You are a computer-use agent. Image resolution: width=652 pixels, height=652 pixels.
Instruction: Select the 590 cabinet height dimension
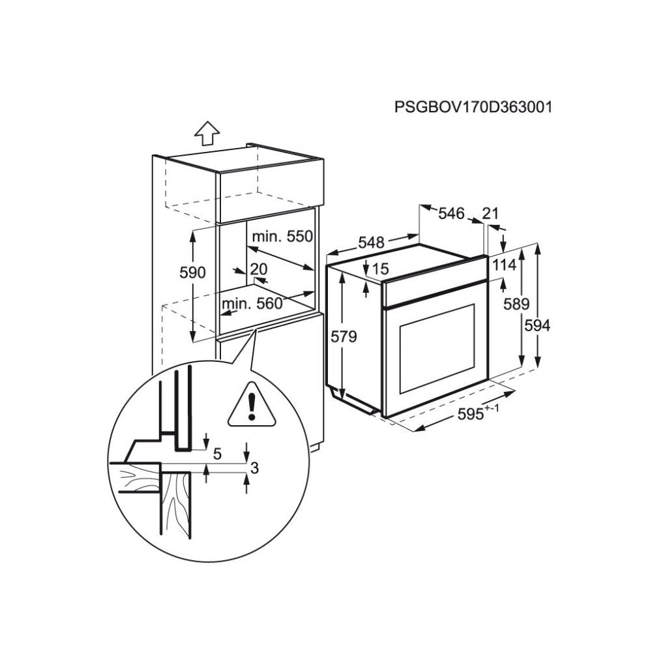(193, 273)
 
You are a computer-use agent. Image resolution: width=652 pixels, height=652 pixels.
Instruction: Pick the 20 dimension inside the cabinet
(259, 269)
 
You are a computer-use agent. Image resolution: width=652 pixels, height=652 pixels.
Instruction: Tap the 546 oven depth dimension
(451, 213)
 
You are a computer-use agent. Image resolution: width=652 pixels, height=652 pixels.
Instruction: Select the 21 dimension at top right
(491, 213)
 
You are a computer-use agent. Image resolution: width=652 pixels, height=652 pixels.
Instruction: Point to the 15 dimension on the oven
(381, 268)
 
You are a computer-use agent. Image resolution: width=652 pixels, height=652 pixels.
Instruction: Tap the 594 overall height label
(539, 325)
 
